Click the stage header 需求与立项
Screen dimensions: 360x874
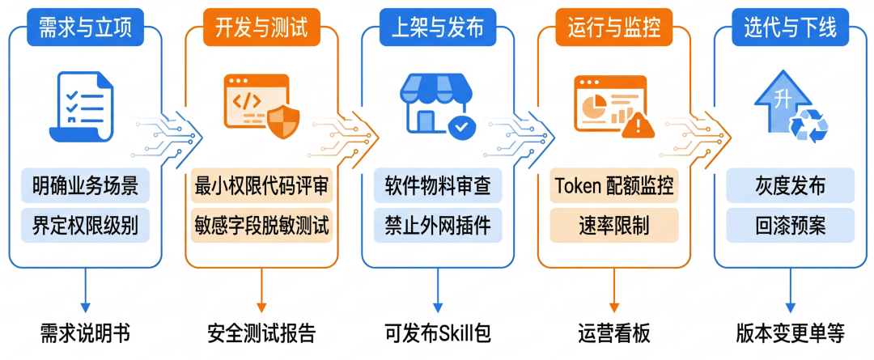click(85, 28)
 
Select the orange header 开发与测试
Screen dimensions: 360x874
click(261, 28)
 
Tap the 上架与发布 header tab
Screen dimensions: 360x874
click(438, 28)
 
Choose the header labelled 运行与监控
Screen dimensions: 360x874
click(613, 28)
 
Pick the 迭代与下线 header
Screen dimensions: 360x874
click(790, 28)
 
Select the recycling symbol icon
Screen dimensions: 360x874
click(808, 125)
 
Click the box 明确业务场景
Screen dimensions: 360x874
click(85, 186)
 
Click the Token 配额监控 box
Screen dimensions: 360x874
click(613, 186)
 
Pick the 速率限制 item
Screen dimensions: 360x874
click(613, 224)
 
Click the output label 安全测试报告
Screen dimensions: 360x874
click(261, 333)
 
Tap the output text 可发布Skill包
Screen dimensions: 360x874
click(438, 333)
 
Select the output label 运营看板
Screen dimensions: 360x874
click(613, 333)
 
